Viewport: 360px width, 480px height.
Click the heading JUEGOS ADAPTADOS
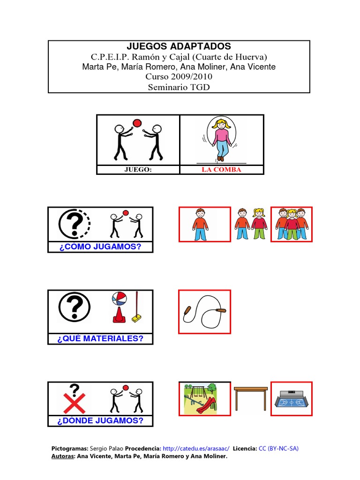(x=179, y=46)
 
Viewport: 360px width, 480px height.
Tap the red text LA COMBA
(x=221, y=170)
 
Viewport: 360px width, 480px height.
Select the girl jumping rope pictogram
(x=221, y=139)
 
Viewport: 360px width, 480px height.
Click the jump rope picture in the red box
(x=204, y=312)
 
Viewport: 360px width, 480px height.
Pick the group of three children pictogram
(x=292, y=225)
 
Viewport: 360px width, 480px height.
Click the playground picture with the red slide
(x=204, y=398)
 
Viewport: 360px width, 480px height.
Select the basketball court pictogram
(x=292, y=398)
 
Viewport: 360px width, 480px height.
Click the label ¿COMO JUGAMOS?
(x=100, y=247)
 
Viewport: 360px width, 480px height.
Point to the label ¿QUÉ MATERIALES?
(x=100, y=338)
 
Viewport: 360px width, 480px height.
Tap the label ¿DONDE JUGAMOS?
(x=100, y=420)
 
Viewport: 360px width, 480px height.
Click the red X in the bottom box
(x=74, y=404)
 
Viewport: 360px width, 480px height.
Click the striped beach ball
(x=118, y=299)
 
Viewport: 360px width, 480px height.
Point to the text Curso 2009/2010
(x=179, y=76)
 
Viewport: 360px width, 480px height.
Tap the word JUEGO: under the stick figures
(x=138, y=170)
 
